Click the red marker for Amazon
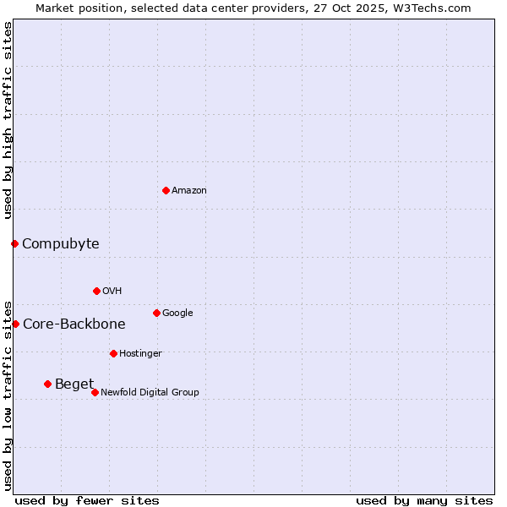point(166,190)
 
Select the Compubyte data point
point(14,243)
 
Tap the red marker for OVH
point(96,291)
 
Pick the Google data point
point(156,313)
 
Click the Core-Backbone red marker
point(15,324)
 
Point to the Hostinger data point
point(113,353)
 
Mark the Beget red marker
point(47,384)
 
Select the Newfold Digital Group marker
point(95,392)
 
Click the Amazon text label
point(189,191)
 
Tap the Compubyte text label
point(60,244)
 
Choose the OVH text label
point(112,292)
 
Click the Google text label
point(177,313)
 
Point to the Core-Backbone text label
point(74,324)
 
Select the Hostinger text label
point(140,354)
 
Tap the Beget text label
point(74,384)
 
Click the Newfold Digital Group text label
point(150,393)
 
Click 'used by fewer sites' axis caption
point(87,501)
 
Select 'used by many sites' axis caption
point(424,501)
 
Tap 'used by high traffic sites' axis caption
point(8,120)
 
